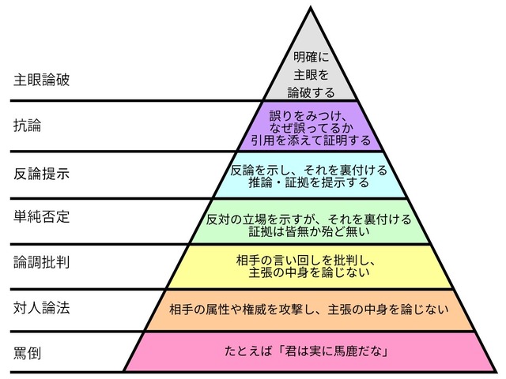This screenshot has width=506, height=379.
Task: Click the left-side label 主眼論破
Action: tap(41, 81)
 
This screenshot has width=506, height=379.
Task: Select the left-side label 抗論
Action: tap(28, 126)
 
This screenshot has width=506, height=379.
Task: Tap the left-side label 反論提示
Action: tap(41, 173)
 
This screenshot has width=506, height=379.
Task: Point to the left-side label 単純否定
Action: tap(41, 217)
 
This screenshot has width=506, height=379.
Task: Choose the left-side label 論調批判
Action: tap(41, 262)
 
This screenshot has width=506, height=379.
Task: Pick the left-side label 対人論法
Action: tap(41, 308)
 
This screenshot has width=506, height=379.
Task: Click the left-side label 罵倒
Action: tap(28, 352)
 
